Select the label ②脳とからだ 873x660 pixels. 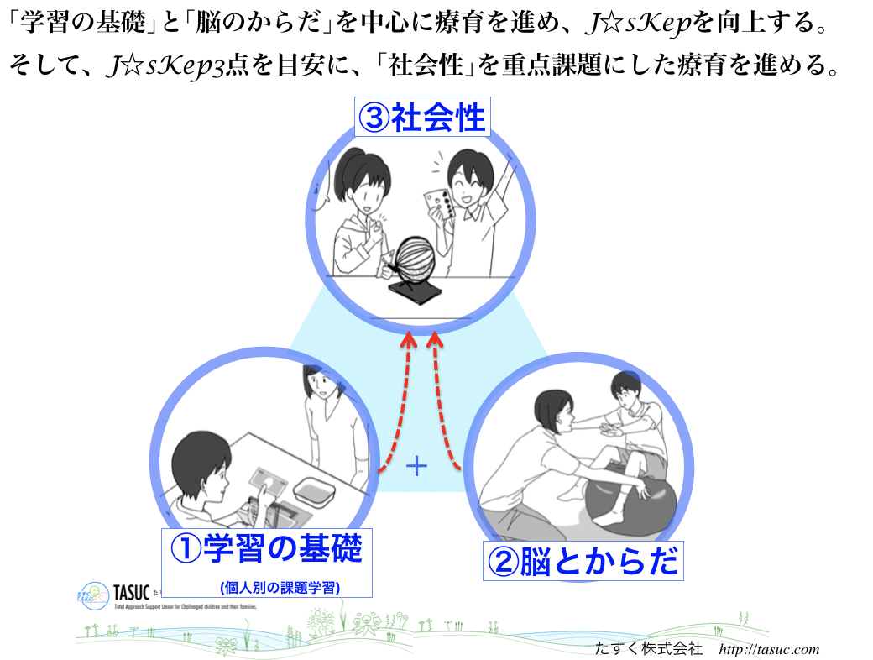pos(584,560)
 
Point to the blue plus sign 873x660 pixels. pos(416,466)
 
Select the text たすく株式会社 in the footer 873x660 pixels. pos(647,649)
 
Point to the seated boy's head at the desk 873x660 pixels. pos(197,469)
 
